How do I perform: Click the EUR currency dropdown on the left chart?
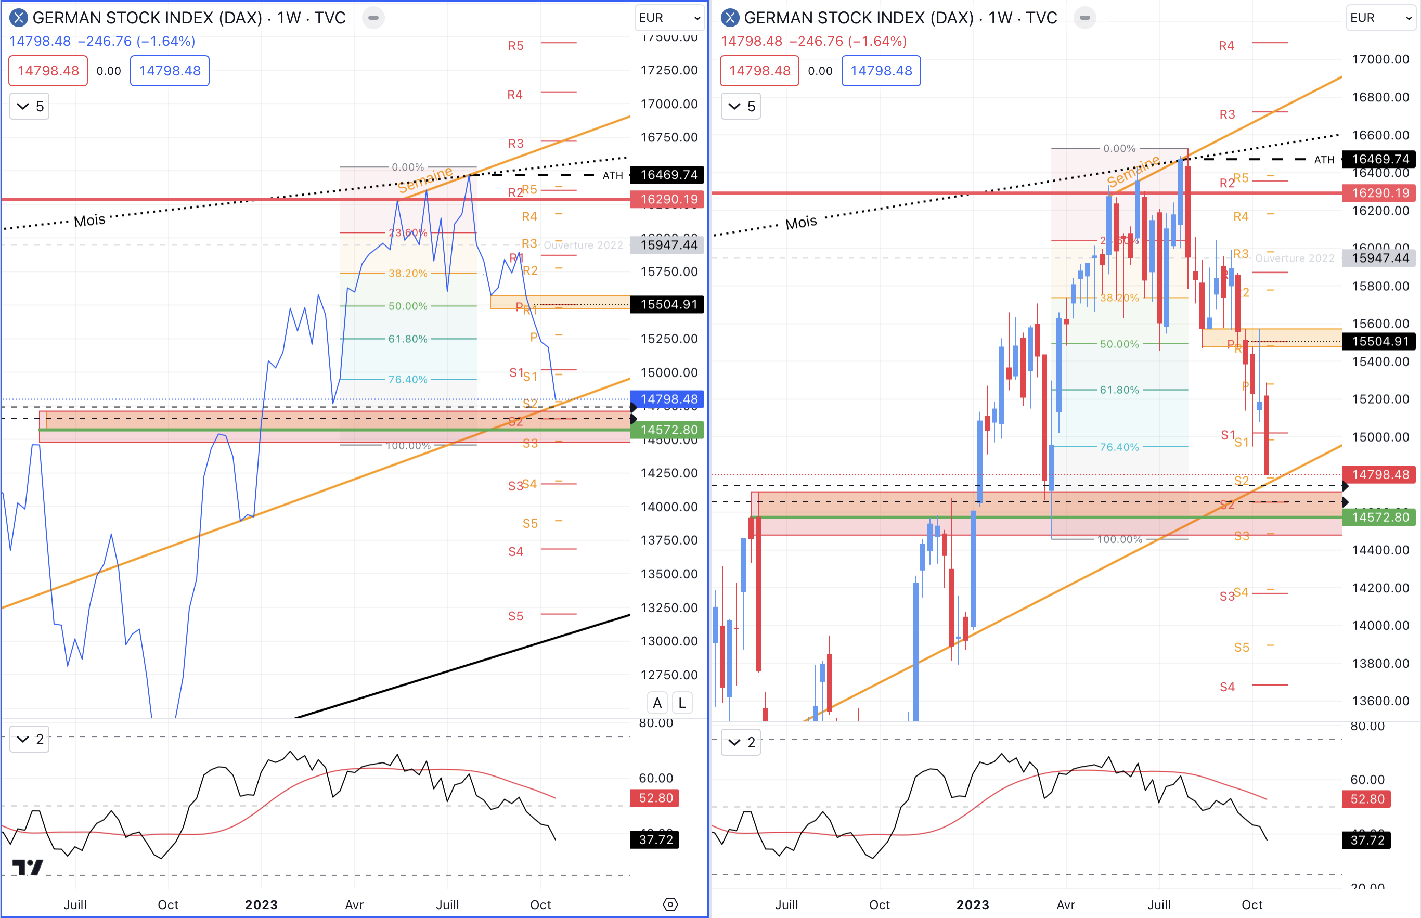pyautogui.click(x=669, y=18)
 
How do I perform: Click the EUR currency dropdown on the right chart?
pyautogui.click(x=1380, y=18)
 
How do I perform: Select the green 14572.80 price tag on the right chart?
pyautogui.click(x=1379, y=517)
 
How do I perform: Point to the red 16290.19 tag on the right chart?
pyautogui.click(x=1379, y=192)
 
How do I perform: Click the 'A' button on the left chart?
pyautogui.click(x=657, y=703)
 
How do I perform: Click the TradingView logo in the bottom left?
pyautogui.click(x=28, y=868)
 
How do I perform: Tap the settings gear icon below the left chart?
pyautogui.click(x=670, y=904)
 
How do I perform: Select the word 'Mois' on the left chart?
pyautogui.click(x=89, y=221)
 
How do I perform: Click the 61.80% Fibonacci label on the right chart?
pyautogui.click(x=1119, y=390)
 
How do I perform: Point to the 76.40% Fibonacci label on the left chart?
pyautogui.click(x=408, y=379)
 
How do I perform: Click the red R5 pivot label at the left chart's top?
pyautogui.click(x=515, y=46)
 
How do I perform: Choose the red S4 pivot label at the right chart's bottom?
pyautogui.click(x=1226, y=687)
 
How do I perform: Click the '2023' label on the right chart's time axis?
pyautogui.click(x=972, y=904)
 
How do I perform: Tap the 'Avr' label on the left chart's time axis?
pyautogui.click(x=354, y=904)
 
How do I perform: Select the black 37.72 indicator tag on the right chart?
pyautogui.click(x=1367, y=840)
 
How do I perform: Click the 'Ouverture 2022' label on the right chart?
pyautogui.click(x=1294, y=258)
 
